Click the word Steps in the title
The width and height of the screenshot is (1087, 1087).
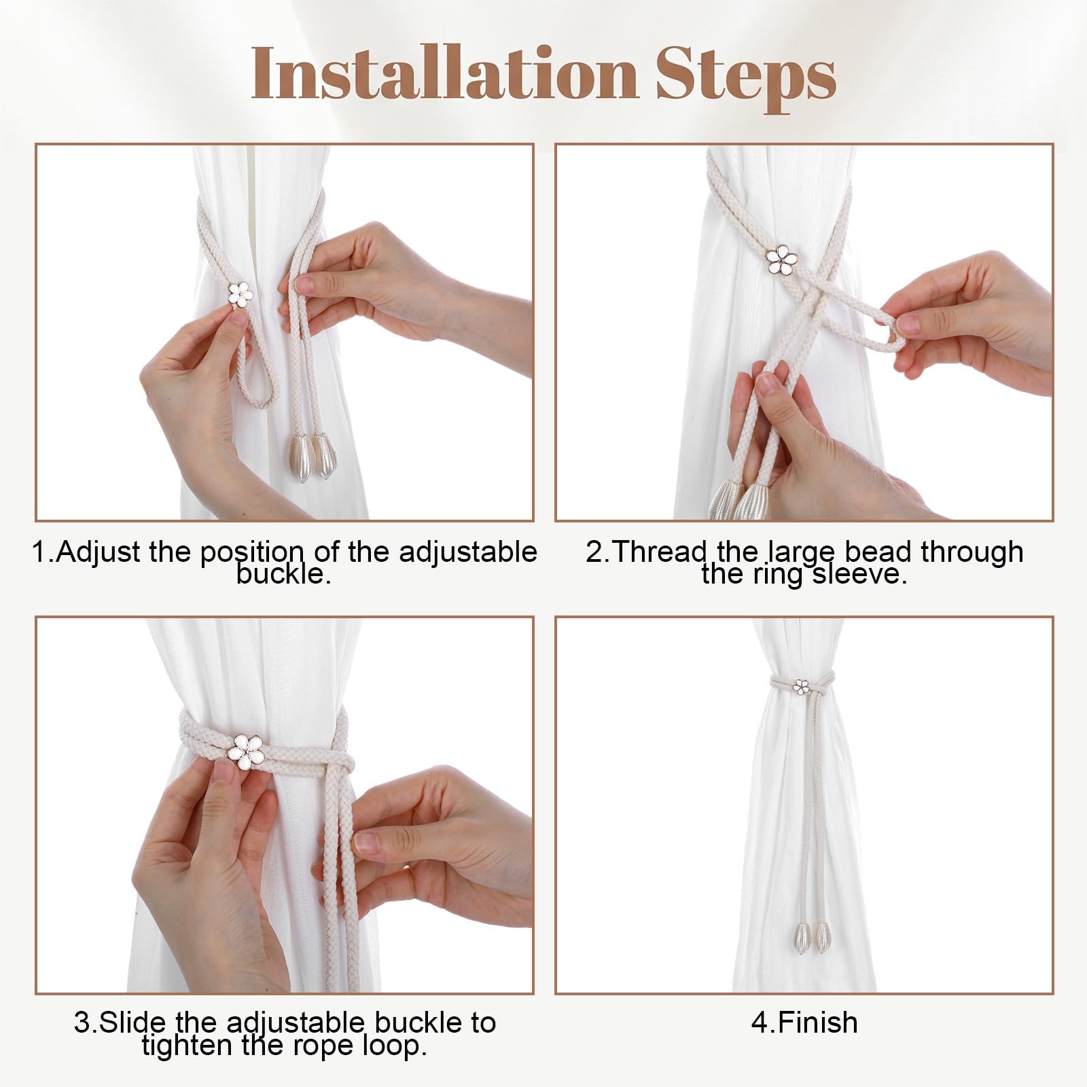746,78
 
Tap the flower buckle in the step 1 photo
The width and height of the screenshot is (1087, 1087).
240,294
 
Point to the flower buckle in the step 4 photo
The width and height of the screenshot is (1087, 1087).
802,686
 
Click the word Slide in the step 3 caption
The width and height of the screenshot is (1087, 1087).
132,1022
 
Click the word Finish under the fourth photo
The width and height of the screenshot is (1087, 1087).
818,1022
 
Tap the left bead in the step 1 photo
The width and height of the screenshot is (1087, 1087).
300,456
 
